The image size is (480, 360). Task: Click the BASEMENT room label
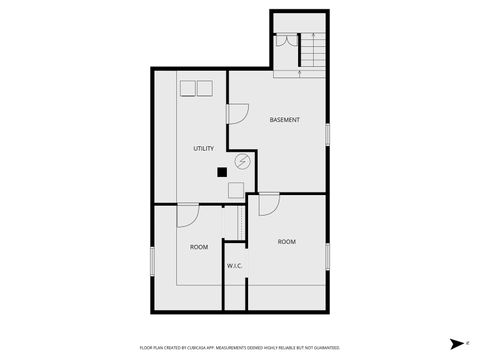click(x=284, y=120)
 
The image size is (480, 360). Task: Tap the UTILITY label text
click(x=203, y=149)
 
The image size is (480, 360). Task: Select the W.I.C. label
click(x=234, y=265)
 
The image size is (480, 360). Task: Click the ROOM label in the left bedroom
click(x=199, y=246)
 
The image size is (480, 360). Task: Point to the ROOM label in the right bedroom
click(x=287, y=241)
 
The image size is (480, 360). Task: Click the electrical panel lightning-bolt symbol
click(x=242, y=162)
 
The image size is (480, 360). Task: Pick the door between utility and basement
click(x=238, y=113)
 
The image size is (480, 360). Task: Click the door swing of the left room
click(x=188, y=215)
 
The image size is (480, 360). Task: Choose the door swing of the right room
click(x=267, y=205)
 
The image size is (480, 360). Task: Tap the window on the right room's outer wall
click(x=327, y=256)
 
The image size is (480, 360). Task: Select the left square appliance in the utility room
click(x=187, y=88)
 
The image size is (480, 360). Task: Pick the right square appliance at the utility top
click(x=205, y=88)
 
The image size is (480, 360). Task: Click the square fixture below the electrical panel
click(x=236, y=189)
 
